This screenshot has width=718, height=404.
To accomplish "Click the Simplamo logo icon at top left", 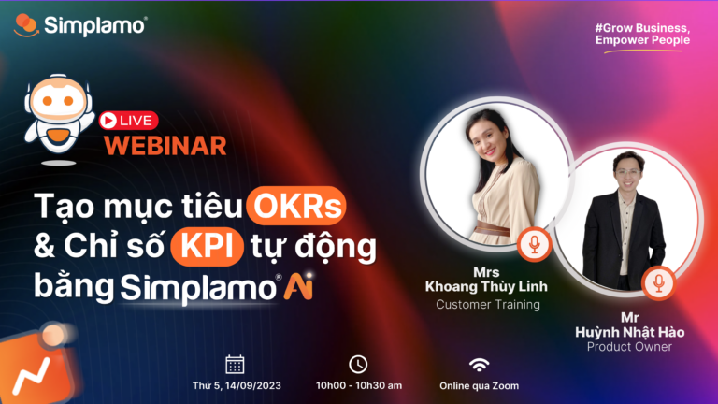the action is [25, 24].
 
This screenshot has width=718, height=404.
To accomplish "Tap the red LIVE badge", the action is [129, 121].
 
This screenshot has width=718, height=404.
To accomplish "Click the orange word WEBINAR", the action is [165, 146].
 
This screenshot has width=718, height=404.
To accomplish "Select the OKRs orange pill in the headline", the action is [296, 206].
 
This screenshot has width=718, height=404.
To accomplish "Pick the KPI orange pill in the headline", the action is [207, 246].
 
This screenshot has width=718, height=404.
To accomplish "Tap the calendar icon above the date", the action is [235, 365].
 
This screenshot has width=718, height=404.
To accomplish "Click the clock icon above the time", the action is [358, 365].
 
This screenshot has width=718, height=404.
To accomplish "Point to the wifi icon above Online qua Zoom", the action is [479, 365].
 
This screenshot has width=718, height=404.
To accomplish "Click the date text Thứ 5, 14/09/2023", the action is [237, 385].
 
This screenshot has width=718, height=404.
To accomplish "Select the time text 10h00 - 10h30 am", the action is [359, 385].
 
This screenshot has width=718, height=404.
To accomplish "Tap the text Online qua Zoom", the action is [479, 385].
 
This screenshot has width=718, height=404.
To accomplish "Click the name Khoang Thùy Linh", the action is [486, 287].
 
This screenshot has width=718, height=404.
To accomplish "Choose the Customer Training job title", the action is [488, 304].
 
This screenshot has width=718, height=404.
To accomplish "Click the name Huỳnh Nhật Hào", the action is [629, 332].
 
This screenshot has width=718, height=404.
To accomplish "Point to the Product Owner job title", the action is [629, 347].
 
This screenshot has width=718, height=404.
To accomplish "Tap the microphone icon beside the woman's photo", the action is [535, 244].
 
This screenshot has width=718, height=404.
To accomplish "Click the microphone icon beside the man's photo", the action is [659, 283].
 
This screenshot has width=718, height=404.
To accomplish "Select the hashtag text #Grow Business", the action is [642, 28].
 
